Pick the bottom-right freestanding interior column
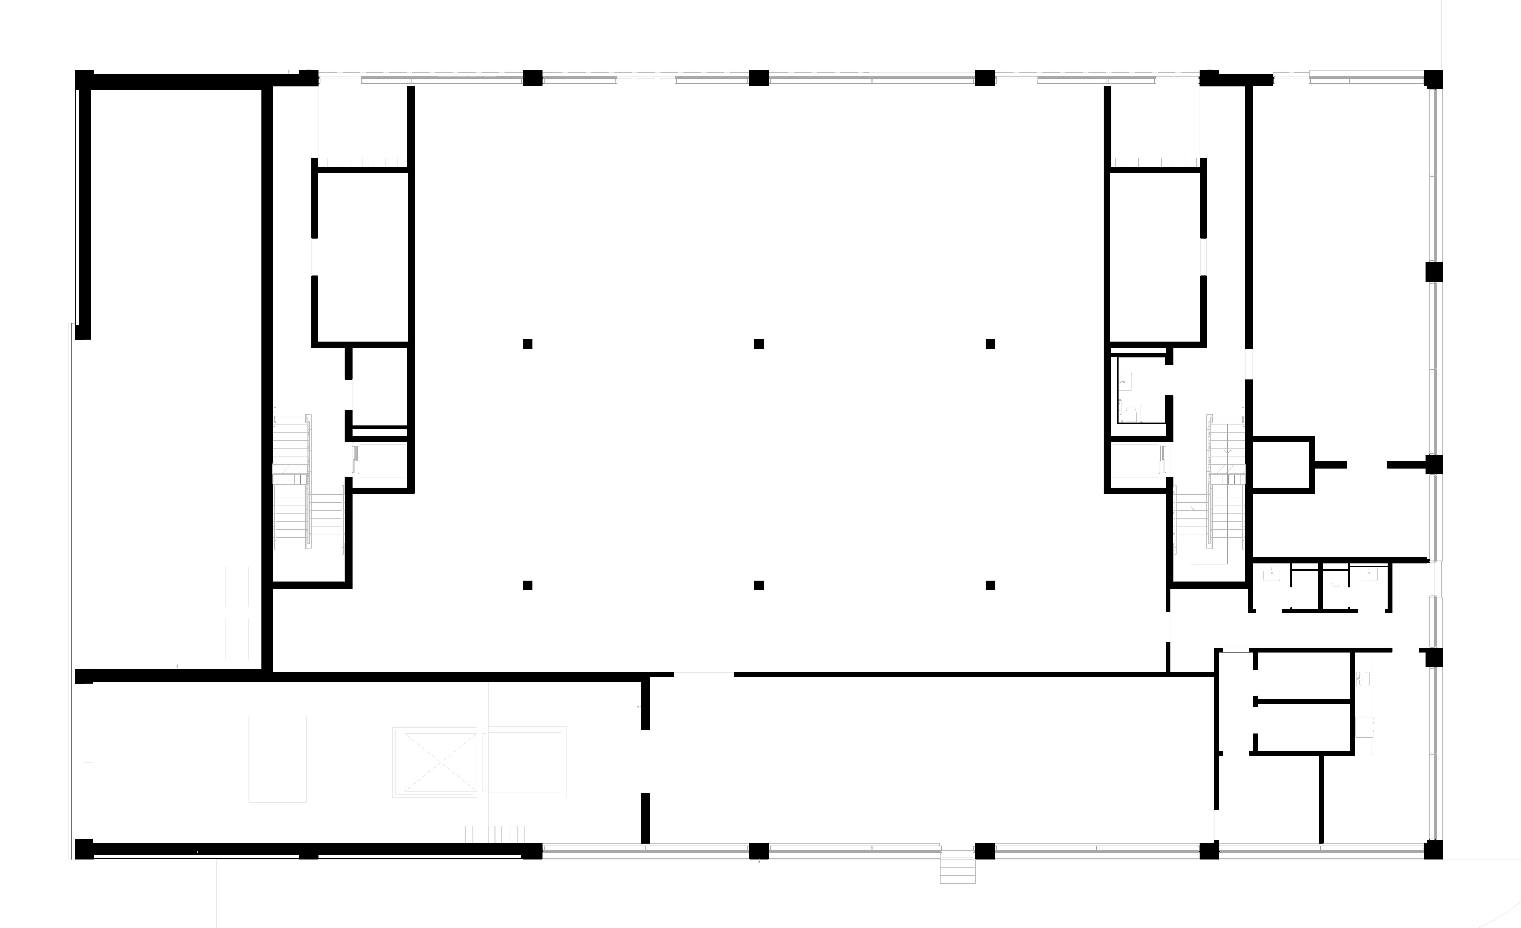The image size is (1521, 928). pos(990,585)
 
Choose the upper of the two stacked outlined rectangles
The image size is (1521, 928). pos(236,586)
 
